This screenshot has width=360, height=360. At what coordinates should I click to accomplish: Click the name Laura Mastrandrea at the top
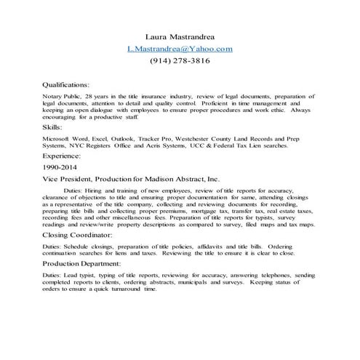(179, 36)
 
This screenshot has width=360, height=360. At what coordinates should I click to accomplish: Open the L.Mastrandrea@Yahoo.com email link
(180, 49)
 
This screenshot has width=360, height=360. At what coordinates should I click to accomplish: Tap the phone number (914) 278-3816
(180, 62)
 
